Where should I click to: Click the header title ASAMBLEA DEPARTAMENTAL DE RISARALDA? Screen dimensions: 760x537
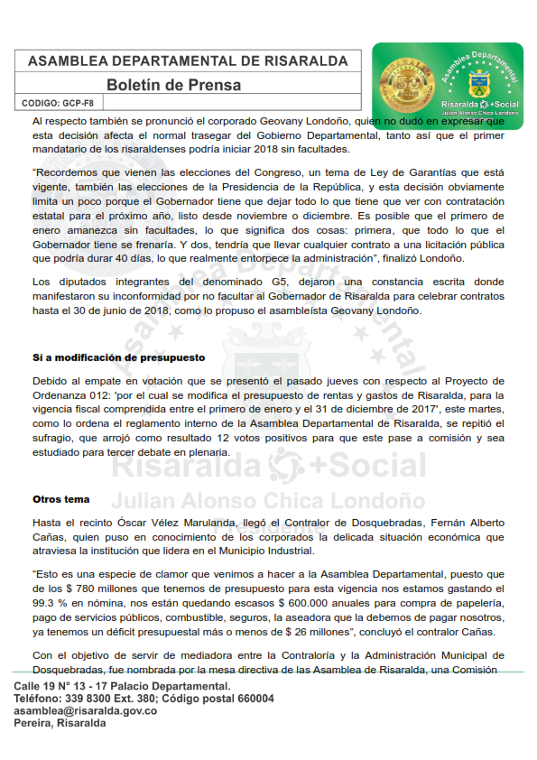tap(188, 61)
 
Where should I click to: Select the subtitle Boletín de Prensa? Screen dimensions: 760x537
tap(174, 85)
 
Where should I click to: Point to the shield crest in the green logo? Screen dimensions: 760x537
tap(477, 86)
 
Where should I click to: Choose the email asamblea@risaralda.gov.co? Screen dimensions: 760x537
tap(86, 711)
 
